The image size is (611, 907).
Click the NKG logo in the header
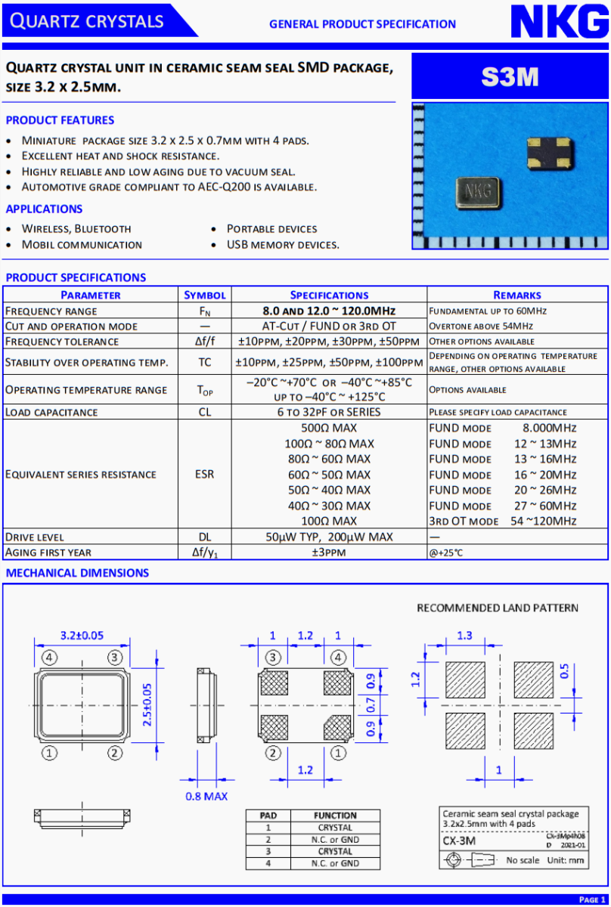click(559, 23)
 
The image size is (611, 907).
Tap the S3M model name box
click(510, 76)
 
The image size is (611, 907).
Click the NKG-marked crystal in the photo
click(477, 190)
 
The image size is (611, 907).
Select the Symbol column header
click(205, 295)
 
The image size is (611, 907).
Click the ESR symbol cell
click(205, 475)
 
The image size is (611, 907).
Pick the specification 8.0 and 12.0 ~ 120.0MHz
click(329, 311)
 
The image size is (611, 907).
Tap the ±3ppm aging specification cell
click(329, 553)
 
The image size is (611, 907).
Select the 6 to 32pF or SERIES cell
click(329, 412)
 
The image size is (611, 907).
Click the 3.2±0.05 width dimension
click(82, 635)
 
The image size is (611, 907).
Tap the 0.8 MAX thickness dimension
click(206, 796)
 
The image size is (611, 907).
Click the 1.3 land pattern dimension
click(465, 636)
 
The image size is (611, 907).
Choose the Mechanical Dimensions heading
click(77, 573)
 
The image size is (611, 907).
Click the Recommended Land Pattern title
click(498, 608)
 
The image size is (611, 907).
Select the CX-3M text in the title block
click(460, 840)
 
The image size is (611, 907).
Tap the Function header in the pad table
click(335, 816)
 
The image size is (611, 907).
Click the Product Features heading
click(60, 120)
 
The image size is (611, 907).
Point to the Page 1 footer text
click(592, 899)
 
